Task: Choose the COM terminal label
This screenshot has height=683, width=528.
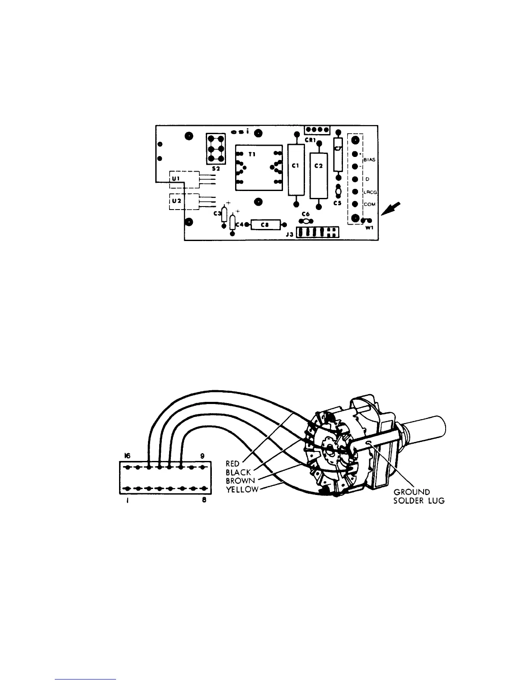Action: coord(369,204)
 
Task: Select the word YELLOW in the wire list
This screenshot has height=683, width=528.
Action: coord(242,489)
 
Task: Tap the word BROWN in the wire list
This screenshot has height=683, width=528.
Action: coord(240,480)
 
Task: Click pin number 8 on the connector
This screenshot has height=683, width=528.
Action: coord(203,502)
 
